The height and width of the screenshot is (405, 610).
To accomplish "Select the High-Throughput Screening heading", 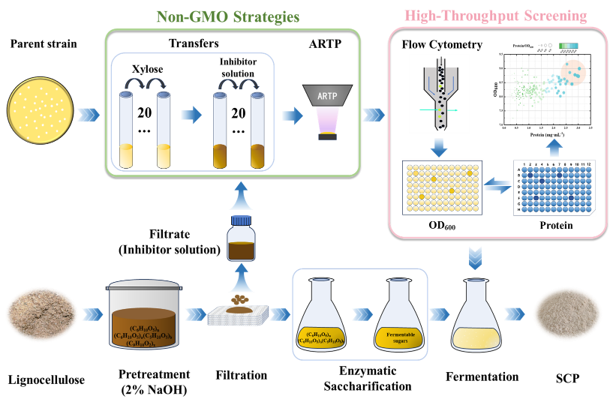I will pyautogui.click(x=496, y=16).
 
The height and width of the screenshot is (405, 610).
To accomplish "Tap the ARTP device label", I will pyautogui.click(x=327, y=97).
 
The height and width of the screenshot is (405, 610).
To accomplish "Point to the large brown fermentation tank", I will pyautogui.click(x=144, y=315).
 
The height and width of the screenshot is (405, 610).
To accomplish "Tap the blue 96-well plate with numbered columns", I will pyautogui.click(x=554, y=187).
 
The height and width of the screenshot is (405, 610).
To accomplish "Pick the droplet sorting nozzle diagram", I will pyautogui.click(x=439, y=93).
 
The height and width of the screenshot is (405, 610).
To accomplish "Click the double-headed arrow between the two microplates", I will pyautogui.click(x=497, y=185).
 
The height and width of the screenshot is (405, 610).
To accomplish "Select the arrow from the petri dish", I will pyautogui.click(x=88, y=115).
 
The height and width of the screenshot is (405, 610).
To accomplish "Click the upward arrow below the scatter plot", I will pyautogui.click(x=553, y=145).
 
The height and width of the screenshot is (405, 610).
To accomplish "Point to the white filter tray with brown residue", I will pyautogui.click(x=238, y=313).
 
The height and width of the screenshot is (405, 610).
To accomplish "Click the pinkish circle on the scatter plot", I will pyautogui.click(x=575, y=71).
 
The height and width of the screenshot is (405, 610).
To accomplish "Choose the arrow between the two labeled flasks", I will pyautogui.click(x=362, y=314).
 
